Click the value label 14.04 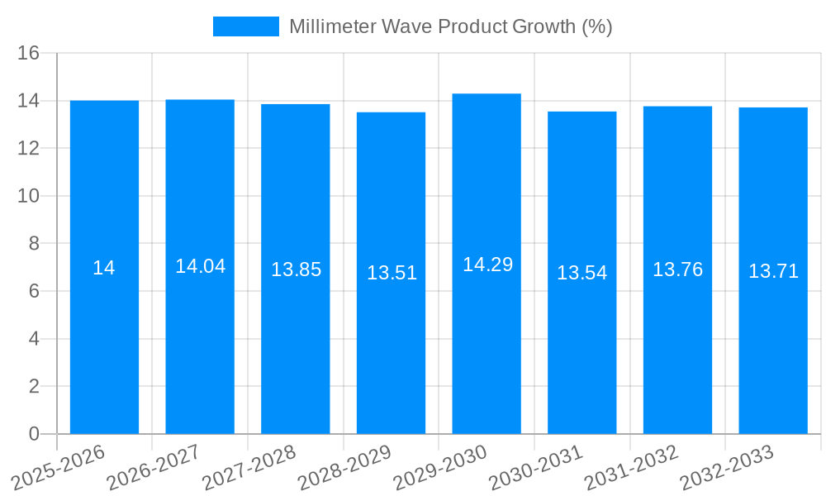[x=200, y=266]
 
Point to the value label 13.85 [x=296, y=269]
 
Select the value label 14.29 [x=487, y=265]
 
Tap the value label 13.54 [x=582, y=273]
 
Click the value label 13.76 [x=677, y=269]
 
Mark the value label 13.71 [x=773, y=271]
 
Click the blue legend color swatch [x=245, y=26]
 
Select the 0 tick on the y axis [x=34, y=434]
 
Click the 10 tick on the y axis [x=29, y=196]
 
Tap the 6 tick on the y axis [x=34, y=291]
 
